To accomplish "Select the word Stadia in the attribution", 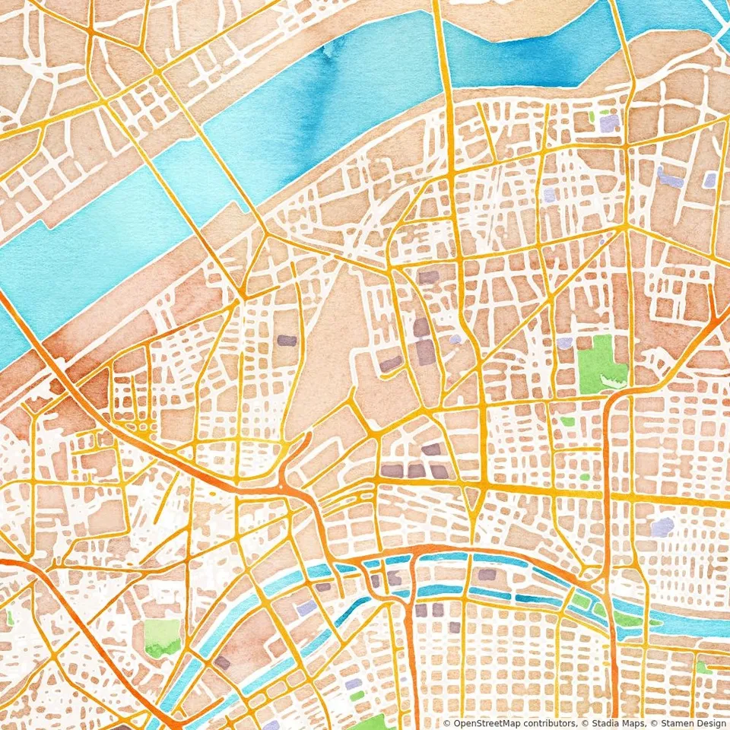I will (x=600, y=723).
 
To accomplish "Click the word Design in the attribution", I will (x=709, y=723).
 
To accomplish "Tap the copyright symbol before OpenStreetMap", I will (x=447, y=723).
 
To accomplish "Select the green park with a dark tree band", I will (x=162, y=637).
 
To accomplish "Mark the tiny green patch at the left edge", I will (x=9, y=617).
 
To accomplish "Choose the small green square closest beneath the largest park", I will (x=567, y=421).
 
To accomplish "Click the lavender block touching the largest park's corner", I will (x=564, y=343).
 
